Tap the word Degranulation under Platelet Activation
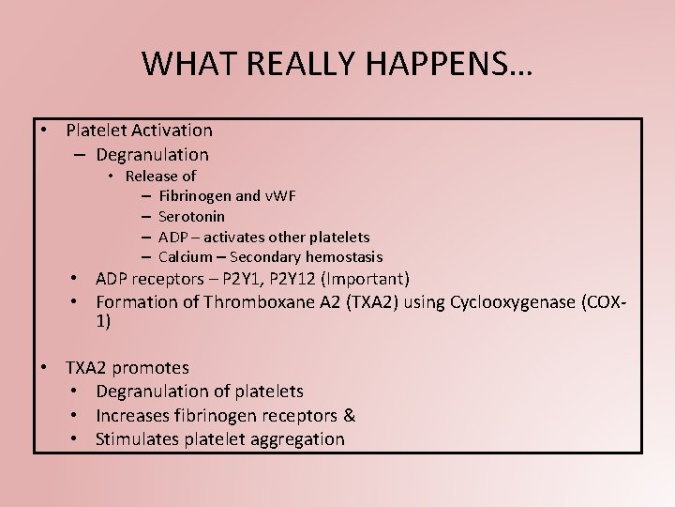click(151, 154)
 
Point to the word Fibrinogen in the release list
click(195, 196)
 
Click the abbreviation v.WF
click(279, 196)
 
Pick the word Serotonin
click(191, 217)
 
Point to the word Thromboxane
click(242, 302)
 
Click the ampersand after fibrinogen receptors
click(349, 415)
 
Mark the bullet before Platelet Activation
click(44, 131)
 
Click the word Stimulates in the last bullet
click(138, 439)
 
